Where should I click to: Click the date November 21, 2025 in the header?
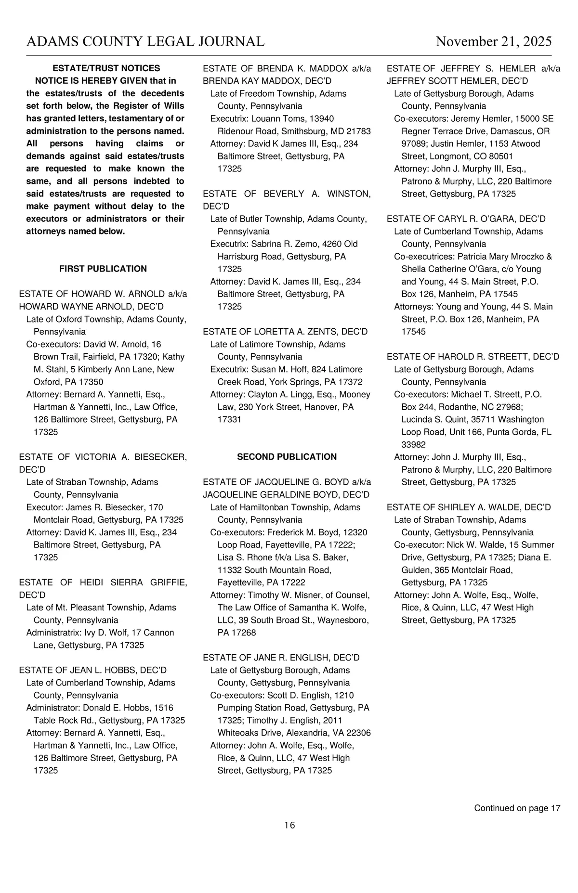[494, 41]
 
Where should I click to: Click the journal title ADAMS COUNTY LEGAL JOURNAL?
[145, 41]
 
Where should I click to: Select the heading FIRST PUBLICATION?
[103, 269]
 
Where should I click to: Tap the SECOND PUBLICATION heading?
[287, 456]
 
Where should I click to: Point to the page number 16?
[289, 825]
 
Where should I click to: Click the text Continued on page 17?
[517, 808]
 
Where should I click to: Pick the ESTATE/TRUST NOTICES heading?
[106, 68]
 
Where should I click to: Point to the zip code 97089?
[413, 143]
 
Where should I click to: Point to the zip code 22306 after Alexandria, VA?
[359, 733]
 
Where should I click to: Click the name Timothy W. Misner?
[276, 595]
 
